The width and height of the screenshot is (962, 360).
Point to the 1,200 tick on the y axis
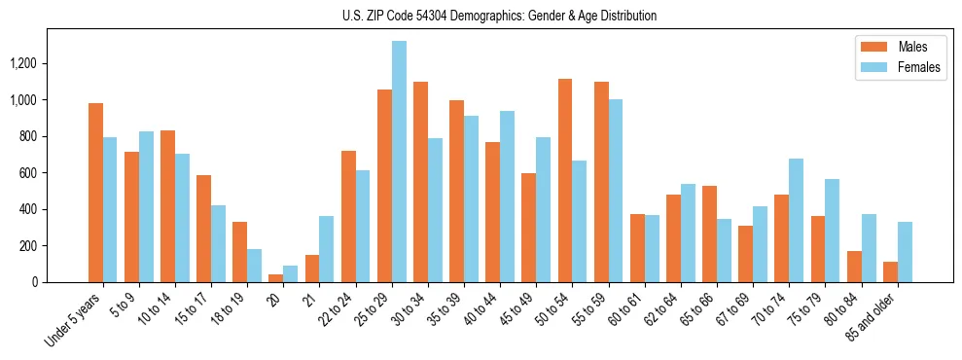point(23,63)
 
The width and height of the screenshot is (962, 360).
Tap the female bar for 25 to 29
point(399,162)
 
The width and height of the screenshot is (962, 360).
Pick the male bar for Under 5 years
point(95,193)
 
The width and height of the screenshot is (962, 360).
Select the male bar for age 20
point(276,278)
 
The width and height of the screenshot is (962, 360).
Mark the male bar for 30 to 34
point(420,182)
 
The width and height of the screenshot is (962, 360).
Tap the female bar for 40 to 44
point(507,197)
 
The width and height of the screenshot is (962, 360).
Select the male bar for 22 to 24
point(348,216)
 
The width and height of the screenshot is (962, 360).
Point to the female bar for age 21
point(327,249)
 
